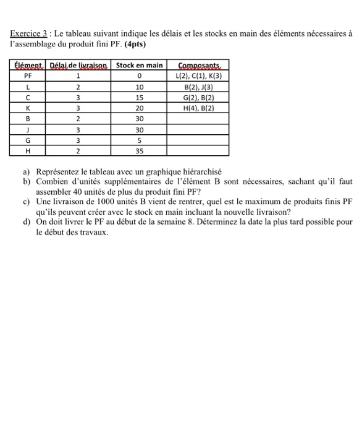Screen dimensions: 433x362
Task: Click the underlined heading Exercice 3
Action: [x=30, y=34]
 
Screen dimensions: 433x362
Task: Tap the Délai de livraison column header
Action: [x=79, y=66]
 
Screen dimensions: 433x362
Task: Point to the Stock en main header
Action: [x=140, y=66]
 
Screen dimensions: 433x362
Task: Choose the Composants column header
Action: [x=199, y=66]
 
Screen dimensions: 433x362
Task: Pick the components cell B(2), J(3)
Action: [x=199, y=87]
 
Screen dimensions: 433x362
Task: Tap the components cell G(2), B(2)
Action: [x=199, y=98]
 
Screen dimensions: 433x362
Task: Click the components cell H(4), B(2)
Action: [x=199, y=108]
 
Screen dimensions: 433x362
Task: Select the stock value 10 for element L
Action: [x=139, y=87]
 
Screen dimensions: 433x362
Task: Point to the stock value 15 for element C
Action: [x=139, y=98]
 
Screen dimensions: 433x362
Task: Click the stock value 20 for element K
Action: [x=139, y=108]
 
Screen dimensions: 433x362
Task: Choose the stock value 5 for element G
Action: [x=139, y=140]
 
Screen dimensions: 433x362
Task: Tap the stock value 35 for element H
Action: [x=139, y=150]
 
